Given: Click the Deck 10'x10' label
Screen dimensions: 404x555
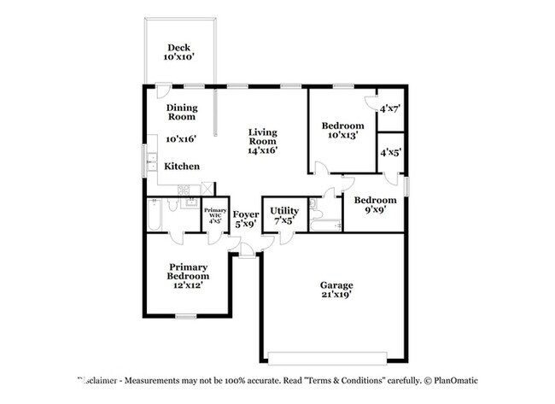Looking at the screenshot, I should pyautogui.click(x=180, y=52).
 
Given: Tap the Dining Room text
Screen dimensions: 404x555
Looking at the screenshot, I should pyautogui.click(x=181, y=112).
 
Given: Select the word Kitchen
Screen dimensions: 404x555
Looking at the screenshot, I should pyautogui.click(x=182, y=167).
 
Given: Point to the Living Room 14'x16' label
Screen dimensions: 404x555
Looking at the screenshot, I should pyautogui.click(x=263, y=141).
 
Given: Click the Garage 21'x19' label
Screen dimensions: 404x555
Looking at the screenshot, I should pyautogui.click(x=336, y=290).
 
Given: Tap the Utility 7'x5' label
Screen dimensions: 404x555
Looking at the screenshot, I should pyautogui.click(x=283, y=214).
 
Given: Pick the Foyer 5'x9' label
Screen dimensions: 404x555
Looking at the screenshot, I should pyautogui.click(x=246, y=219).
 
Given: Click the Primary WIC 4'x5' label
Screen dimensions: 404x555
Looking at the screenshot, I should pyautogui.click(x=214, y=215).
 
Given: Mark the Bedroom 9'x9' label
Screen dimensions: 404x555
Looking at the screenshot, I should pyautogui.click(x=373, y=204).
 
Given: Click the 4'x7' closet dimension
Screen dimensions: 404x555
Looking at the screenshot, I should pyautogui.click(x=390, y=108).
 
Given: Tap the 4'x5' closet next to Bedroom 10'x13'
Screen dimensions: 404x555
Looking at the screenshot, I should pyautogui.click(x=390, y=153).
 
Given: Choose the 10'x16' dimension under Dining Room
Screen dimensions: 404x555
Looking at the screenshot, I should pyautogui.click(x=181, y=138).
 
